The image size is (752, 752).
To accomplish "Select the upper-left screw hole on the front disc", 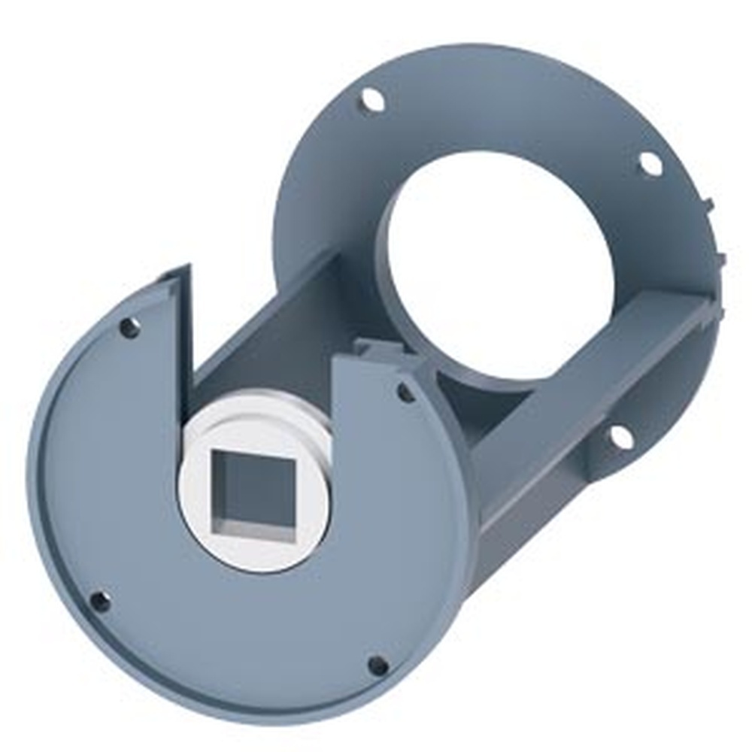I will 130,327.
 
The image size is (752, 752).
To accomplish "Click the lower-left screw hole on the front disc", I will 99,601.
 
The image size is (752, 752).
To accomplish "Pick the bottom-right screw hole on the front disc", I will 378,666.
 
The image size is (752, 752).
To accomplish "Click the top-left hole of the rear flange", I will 370,99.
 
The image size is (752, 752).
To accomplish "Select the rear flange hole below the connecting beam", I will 620,435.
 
